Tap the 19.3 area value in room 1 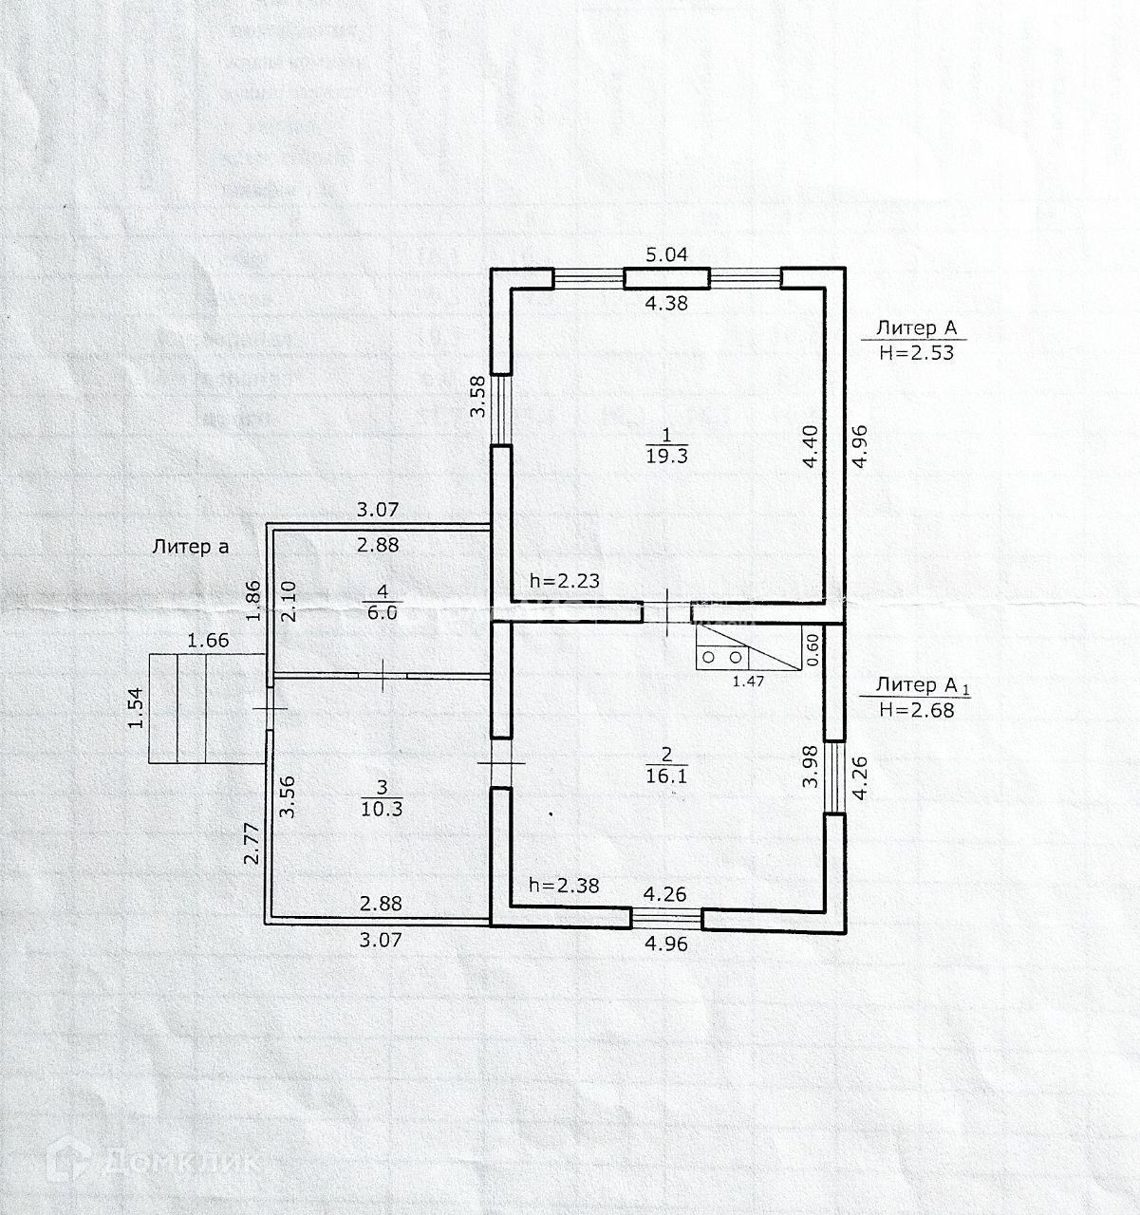coord(666,455)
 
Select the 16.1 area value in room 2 coord(666,775)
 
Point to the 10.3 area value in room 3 coord(382,808)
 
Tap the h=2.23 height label coord(564,581)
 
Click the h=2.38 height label coord(564,886)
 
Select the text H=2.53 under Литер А coord(916,351)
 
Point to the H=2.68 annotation coord(916,708)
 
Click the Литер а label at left coord(190,546)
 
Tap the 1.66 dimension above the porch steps coord(208,641)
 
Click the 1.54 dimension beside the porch coord(136,709)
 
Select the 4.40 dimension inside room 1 coord(810,446)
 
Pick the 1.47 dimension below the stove coord(750,680)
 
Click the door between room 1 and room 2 coord(667,612)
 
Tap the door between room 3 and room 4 coord(382,676)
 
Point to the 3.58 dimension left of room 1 coord(479,398)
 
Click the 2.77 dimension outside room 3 coord(252,844)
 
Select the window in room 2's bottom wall coord(666,917)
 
